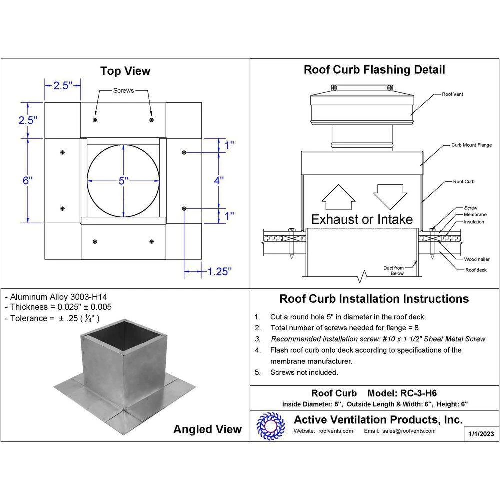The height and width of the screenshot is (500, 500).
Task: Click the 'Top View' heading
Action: [125, 71]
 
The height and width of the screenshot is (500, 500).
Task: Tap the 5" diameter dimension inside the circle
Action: [123, 181]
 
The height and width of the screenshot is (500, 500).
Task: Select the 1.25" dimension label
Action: [220, 271]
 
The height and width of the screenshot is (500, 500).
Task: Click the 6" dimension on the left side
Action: [27, 181]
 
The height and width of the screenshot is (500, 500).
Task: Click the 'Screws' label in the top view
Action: [123, 91]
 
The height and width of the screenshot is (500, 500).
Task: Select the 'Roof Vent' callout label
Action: [452, 94]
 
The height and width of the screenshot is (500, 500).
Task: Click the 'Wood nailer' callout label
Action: [477, 259]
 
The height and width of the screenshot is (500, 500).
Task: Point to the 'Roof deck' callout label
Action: [476, 270]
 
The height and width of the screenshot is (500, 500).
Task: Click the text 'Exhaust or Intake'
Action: [362, 219]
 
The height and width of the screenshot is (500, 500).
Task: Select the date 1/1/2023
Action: [481, 434]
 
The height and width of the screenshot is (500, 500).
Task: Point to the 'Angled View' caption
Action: [207, 429]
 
